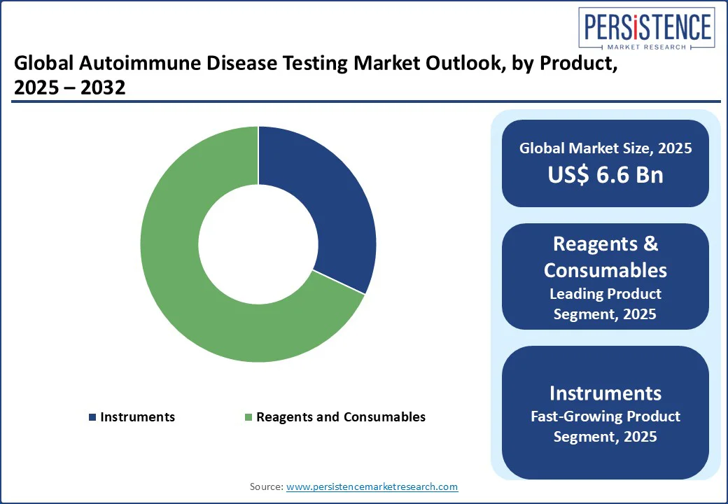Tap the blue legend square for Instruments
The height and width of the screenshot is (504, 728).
coord(92,417)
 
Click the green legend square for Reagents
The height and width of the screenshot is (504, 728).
coord(248,417)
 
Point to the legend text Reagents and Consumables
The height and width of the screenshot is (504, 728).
coord(341,416)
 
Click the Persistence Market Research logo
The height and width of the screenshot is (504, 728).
coord(647,28)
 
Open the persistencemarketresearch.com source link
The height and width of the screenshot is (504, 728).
coord(372,486)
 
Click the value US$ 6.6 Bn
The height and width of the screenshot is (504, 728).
coord(605,174)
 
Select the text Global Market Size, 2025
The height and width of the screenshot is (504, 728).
coord(605,148)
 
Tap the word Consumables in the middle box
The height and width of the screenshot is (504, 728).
coord(605,270)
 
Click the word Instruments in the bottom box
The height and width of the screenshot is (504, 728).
coord(605,393)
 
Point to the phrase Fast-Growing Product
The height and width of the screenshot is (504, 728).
coord(605,416)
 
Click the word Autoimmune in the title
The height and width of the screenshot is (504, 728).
coord(139,63)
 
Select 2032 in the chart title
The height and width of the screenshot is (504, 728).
coord(103,87)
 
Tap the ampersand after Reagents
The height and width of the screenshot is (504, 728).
coord(651,244)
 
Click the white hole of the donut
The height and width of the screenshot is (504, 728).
coord(258,244)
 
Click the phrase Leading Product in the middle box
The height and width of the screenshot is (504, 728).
coord(605,294)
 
